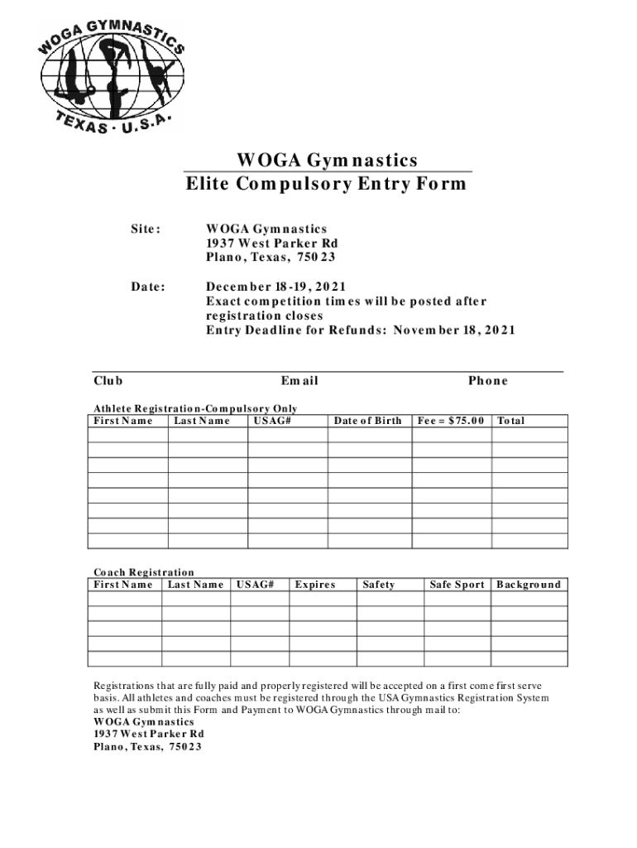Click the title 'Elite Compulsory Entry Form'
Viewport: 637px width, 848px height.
point(326,184)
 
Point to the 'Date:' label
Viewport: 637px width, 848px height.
point(148,288)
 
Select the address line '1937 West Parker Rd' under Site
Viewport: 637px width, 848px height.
point(272,243)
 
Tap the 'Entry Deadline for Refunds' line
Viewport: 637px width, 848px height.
point(360,330)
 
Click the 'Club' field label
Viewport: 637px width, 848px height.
point(108,381)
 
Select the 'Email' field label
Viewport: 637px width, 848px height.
point(299,381)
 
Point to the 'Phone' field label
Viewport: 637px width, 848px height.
point(487,381)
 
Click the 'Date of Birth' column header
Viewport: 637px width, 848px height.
point(367,421)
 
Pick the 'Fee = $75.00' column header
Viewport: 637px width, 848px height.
point(452,421)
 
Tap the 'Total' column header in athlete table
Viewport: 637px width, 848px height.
point(510,421)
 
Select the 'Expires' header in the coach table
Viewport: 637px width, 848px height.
point(314,585)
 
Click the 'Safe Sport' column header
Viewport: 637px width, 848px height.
point(457,585)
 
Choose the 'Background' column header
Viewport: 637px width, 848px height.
point(528,585)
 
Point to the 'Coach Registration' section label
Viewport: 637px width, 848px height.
point(144,572)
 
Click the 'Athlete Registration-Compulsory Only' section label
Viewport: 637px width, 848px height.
point(195,408)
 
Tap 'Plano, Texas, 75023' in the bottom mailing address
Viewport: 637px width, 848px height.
point(147,746)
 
